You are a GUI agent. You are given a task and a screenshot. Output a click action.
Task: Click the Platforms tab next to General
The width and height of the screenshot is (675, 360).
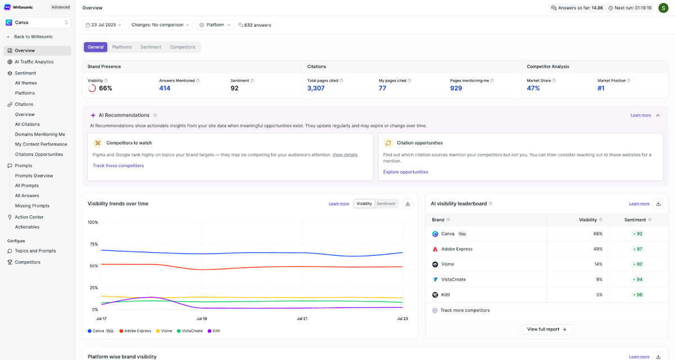click(x=122, y=47)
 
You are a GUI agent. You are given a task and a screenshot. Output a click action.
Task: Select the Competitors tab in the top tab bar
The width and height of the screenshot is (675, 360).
click(x=183, y=47)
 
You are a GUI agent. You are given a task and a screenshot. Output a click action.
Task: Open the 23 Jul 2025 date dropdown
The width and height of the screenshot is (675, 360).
click(x=103, y=25)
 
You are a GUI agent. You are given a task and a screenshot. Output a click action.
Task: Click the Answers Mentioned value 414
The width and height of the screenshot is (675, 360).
click(x=164, y=88)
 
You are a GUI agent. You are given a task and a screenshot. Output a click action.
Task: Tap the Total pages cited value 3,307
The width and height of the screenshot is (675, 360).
click(x=316, y=88)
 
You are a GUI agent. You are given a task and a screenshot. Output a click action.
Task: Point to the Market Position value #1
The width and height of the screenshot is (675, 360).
click(x=601, y=88)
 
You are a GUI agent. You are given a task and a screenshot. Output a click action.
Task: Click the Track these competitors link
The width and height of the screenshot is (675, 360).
click(x=118, y=165)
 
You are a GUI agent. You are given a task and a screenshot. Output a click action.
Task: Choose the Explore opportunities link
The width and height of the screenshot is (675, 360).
click(x=406, y=172)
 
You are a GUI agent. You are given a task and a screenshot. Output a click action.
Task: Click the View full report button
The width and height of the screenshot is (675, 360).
click(x=547, y=329)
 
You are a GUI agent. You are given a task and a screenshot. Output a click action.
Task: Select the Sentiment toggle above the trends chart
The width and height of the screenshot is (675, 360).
click(x=386, y=204)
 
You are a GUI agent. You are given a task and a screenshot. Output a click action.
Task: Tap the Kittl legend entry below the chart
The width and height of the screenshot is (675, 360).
click(x=214, y=331)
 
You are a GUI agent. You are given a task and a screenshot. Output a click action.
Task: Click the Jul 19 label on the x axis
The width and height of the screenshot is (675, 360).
click(x=201, y=318)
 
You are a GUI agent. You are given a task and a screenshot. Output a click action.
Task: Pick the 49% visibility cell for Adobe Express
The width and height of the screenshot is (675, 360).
click(x=598, y=249)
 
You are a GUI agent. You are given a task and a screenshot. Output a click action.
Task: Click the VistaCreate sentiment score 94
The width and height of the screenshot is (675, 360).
click(x=638, y=280)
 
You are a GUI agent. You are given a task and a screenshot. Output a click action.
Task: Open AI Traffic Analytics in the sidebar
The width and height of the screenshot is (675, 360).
click(x=34, y=62)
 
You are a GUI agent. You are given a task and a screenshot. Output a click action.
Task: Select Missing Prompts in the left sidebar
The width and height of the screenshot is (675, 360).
click(x=32, y=206)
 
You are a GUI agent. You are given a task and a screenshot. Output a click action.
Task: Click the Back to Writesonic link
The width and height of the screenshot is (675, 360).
click(x=33, y=37)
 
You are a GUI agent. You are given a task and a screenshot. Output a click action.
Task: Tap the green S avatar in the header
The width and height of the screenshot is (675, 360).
click(x=663, y=8)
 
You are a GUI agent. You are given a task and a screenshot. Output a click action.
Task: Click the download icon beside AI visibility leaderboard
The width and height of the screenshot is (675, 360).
click(x=659, y=204)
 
